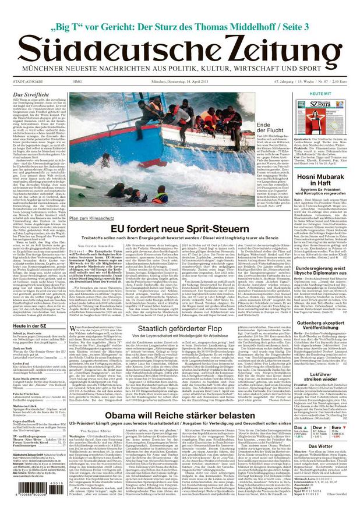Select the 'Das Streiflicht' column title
tap(30, 95)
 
